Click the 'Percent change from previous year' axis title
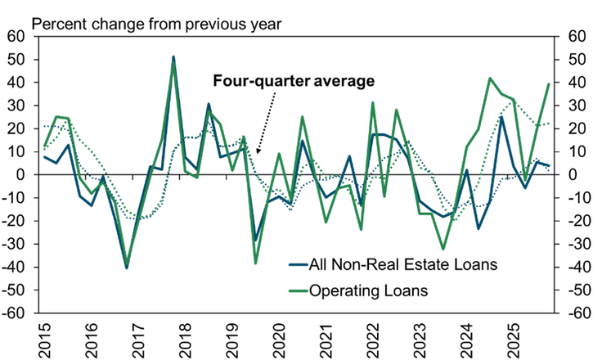click(155, 23)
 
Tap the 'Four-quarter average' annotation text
click(293, 81)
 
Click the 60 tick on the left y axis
click(16, 37)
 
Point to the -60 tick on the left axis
click(14, 313)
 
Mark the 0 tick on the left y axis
click(20, 175)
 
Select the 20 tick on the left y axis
click(16, 128)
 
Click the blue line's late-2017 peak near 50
click(173, 57)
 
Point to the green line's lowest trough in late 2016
click(127, 266)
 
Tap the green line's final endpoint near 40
click(548, 83)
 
